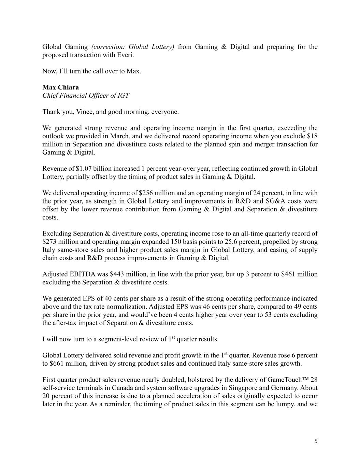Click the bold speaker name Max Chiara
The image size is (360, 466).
click(x=60, y=87)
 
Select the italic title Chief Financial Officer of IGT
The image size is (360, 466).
click(x=86, y=96)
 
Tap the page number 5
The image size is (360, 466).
click(x=316, y=441)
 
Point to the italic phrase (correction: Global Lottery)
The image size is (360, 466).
click(x=133, y=47)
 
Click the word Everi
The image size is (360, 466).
click(x=125, y=55)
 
